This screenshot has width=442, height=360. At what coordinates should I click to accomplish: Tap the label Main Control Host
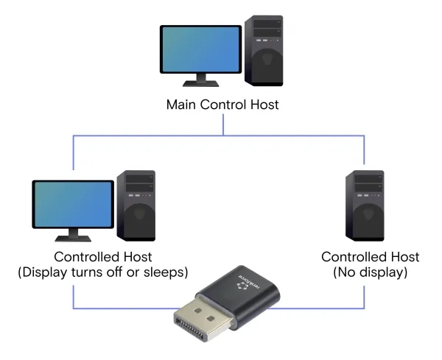(x=222, y=105)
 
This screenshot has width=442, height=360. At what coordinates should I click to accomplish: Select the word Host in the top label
(x=264, y=105)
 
